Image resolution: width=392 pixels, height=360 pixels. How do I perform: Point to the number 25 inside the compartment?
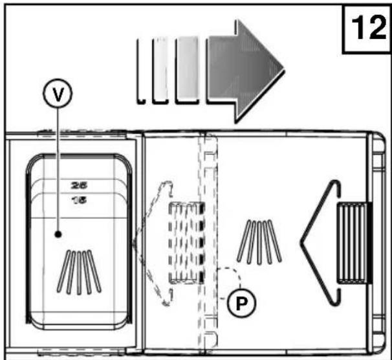point(80,185)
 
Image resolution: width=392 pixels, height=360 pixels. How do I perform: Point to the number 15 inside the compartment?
point(80,200)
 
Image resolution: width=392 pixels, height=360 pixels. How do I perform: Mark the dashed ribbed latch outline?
point(186,242)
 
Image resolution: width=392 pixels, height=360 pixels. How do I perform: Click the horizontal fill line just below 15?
point(80,219)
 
